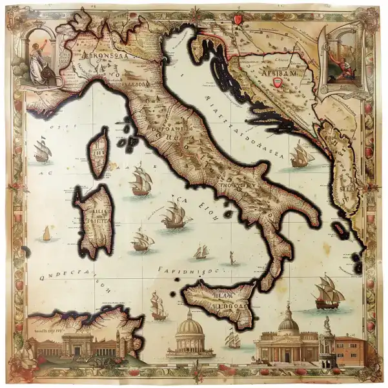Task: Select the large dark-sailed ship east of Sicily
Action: click(327, 292)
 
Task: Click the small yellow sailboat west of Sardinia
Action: click(46, 233)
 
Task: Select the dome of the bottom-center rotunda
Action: click(190, 325)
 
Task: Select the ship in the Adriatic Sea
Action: click(301, 155)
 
